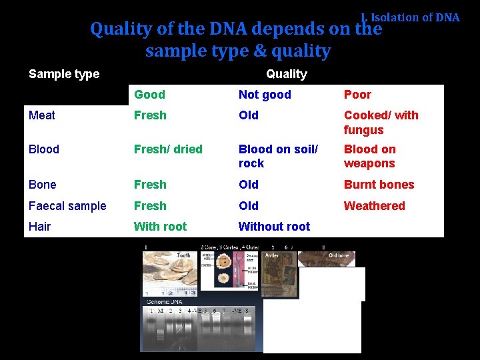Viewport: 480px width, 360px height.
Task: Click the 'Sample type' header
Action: (x=64, y=74)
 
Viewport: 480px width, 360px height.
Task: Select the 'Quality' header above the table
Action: (x=286, y=74)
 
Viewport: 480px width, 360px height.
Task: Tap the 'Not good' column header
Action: (x=265, y=95)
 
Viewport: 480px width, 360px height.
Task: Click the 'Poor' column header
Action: (x=357, y=95)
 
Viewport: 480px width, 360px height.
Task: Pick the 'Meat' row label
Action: (x=42, y=115)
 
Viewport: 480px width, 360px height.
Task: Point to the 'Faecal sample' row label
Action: (x=67, y=206)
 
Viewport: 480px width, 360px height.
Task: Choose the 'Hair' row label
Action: (x=40, y=227)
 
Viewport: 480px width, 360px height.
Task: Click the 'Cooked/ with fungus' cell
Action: (x=381, y=123)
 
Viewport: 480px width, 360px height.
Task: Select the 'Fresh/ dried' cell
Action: (x=168, y=149)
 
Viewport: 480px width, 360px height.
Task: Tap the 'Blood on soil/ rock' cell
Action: (x=278, y=156)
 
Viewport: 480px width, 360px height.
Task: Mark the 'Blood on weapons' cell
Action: (x=369, y=156)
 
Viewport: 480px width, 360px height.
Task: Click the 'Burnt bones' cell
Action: (x=379, y=185)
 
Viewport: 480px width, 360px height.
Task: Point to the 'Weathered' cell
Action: (x=374, y=206)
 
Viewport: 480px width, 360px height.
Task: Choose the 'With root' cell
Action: (x=160, y=227)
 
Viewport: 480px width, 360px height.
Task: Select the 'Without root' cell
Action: (x=274, y=227)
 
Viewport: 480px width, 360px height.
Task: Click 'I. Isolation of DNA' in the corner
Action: (x=410, y=17)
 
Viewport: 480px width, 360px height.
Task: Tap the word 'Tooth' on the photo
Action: (x=183, y=255)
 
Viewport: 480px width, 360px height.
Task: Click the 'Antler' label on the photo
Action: (x=273, y=255)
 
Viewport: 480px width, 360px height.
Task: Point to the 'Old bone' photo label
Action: (x=338, y=255)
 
